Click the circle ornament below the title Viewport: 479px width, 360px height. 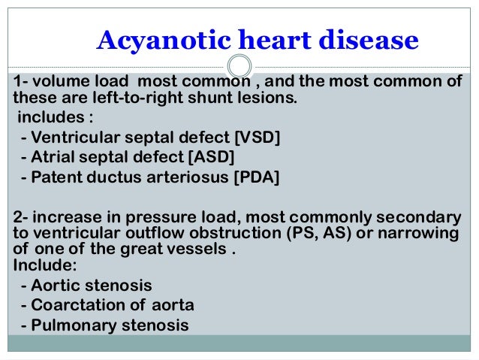point(239,64)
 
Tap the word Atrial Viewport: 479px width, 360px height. point(51,157)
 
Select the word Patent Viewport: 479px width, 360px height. point(54,177)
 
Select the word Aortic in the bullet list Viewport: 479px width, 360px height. point(52,286)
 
